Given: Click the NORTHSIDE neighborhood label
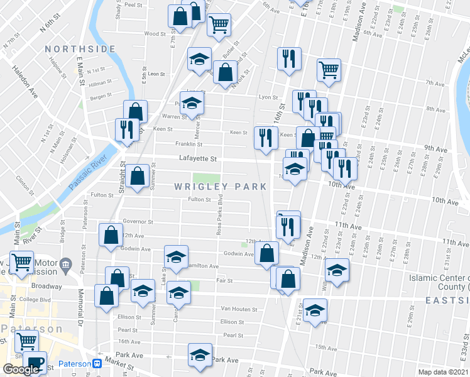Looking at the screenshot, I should [x=80, y=49].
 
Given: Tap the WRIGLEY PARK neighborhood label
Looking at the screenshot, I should [x=221, y=187].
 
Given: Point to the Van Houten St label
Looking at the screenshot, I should [x=239, y=309].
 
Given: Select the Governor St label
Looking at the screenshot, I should [x=138, y=222].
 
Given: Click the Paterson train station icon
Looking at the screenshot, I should [x=97, y=364].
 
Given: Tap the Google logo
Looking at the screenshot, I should [x=20, y=369].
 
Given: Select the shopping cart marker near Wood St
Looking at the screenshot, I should [x=219, y=26].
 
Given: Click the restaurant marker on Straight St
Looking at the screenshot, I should [x=128, y=129].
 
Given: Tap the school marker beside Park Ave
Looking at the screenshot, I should [x=200, y=355].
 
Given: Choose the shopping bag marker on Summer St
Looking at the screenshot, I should [x=137, y=177].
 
